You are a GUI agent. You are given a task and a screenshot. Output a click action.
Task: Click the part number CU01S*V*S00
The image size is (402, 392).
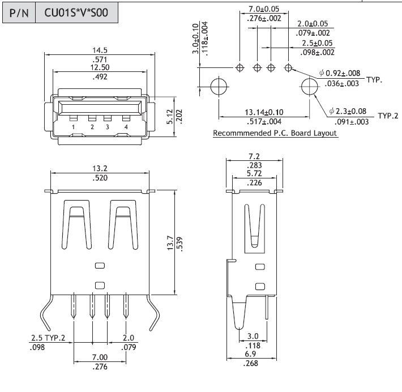[76, 12]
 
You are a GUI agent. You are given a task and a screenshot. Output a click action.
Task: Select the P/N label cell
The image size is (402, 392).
[19, 12]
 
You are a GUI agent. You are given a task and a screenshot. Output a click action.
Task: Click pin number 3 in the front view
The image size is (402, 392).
[107, 126]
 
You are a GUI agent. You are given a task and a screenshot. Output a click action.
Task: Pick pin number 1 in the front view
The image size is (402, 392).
[74, 126]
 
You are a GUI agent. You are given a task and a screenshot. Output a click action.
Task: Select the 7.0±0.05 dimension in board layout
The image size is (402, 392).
[264, 10]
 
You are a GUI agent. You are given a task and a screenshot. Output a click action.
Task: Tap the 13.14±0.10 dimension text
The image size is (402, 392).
[264, 112]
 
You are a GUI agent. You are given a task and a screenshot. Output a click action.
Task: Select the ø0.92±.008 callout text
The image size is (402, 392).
[340, 73]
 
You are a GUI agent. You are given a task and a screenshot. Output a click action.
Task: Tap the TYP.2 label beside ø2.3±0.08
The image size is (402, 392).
[388, 116]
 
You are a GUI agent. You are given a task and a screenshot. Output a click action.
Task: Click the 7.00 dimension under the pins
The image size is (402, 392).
[100, 357]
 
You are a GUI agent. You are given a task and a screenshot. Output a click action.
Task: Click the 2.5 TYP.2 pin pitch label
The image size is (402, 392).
[48, 338]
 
